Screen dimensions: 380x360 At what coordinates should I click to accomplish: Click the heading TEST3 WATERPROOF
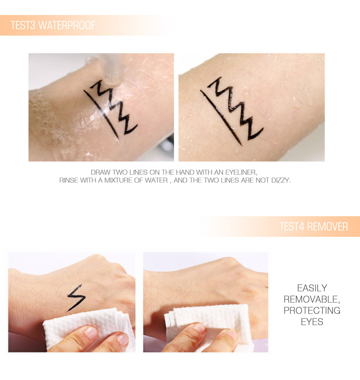[x=53, y=25]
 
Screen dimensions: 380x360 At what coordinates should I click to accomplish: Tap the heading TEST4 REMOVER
[x=313, y=227]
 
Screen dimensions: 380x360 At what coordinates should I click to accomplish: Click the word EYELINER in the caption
[x=241, y=172]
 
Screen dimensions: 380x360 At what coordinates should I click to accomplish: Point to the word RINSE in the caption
[x=68, y=180]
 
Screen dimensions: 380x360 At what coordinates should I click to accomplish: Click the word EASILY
[x=312, y=288]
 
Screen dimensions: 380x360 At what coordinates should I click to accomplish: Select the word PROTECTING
[x=312, y=311]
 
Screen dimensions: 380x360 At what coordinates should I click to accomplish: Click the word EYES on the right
[x=312, y=322]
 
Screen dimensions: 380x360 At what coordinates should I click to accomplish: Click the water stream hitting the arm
[x=111, y=69]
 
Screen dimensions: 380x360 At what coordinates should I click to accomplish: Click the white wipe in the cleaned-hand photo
[x=210, y=322]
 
